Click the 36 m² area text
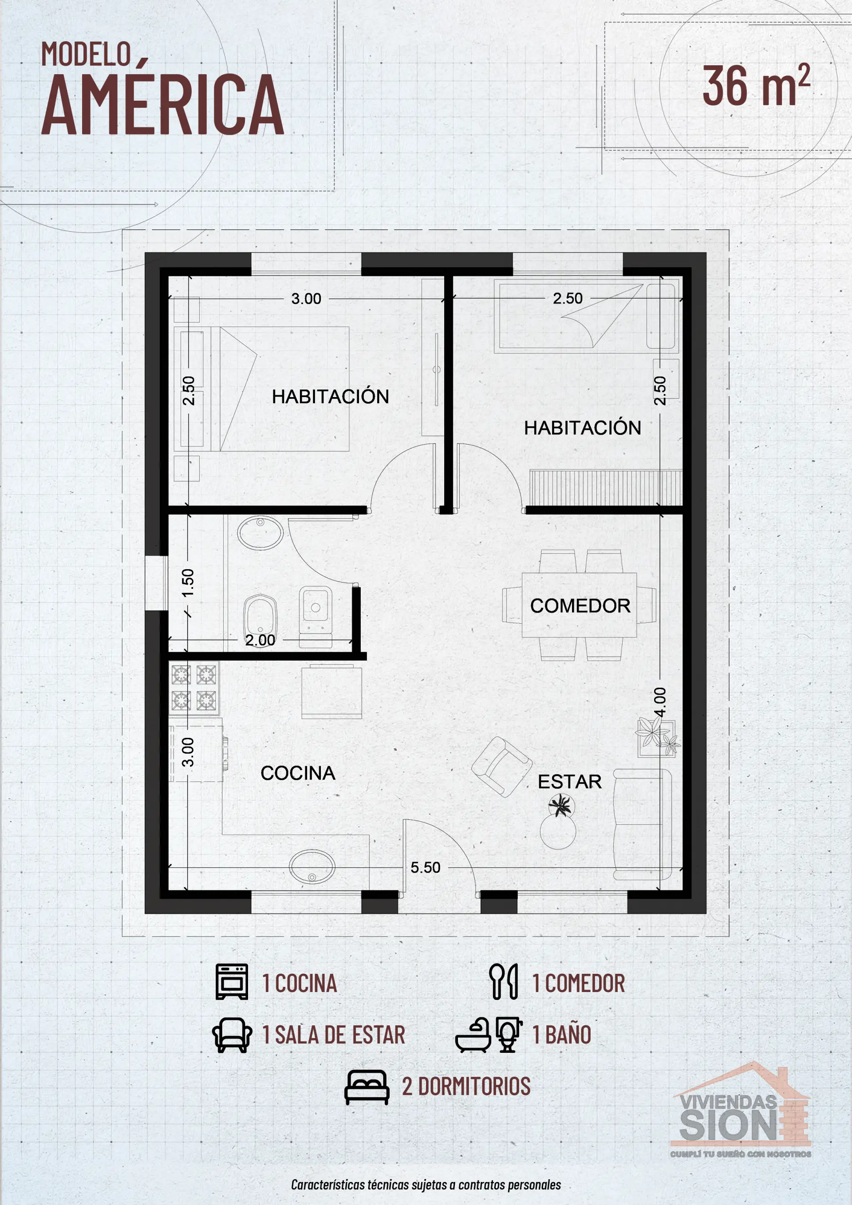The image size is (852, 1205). pos(757,85)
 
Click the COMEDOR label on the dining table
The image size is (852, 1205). pos(580,606)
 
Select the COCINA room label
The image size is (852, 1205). pos(298,773)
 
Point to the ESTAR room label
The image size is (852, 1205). pos(570,782)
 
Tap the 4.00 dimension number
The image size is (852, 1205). pos(660,702)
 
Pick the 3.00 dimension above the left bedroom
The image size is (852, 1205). pos(306,299)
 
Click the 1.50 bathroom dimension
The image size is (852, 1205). pos(187,583)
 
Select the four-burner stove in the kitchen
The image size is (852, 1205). pos(194,688)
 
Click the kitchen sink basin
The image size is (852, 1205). pos(312,867)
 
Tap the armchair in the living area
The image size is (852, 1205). pos(501,767)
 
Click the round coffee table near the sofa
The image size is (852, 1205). pos(558,831)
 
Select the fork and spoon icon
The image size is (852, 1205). pos(503,981)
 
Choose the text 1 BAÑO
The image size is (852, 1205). pos(562,1035)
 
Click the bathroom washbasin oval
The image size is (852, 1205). pos(260,533)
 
